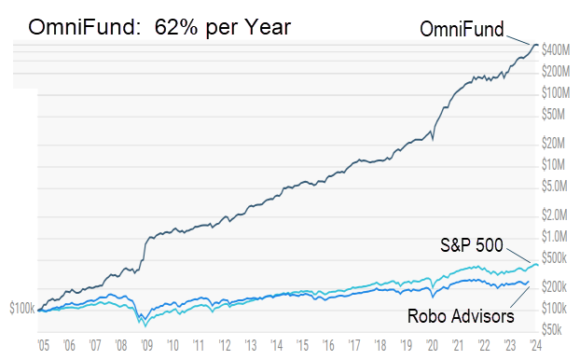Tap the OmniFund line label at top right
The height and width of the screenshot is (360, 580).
click(x=459, y=30)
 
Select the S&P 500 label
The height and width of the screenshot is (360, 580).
click(x=472, y=246)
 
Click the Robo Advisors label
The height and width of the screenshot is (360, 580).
click(x=461, y=314)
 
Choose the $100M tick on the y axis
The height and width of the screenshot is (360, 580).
click(x=556, y=92)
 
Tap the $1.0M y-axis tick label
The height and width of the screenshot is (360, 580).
click(x=557, y=236)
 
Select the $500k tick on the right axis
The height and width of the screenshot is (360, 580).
click(x=557, y=257)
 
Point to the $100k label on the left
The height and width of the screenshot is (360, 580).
click(x=21, y=307)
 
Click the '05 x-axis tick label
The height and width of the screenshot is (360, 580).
click(x=44, y=343)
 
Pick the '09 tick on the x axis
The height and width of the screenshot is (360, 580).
click(x=147, y=343)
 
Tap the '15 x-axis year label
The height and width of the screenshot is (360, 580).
click(x=301, y=343)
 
